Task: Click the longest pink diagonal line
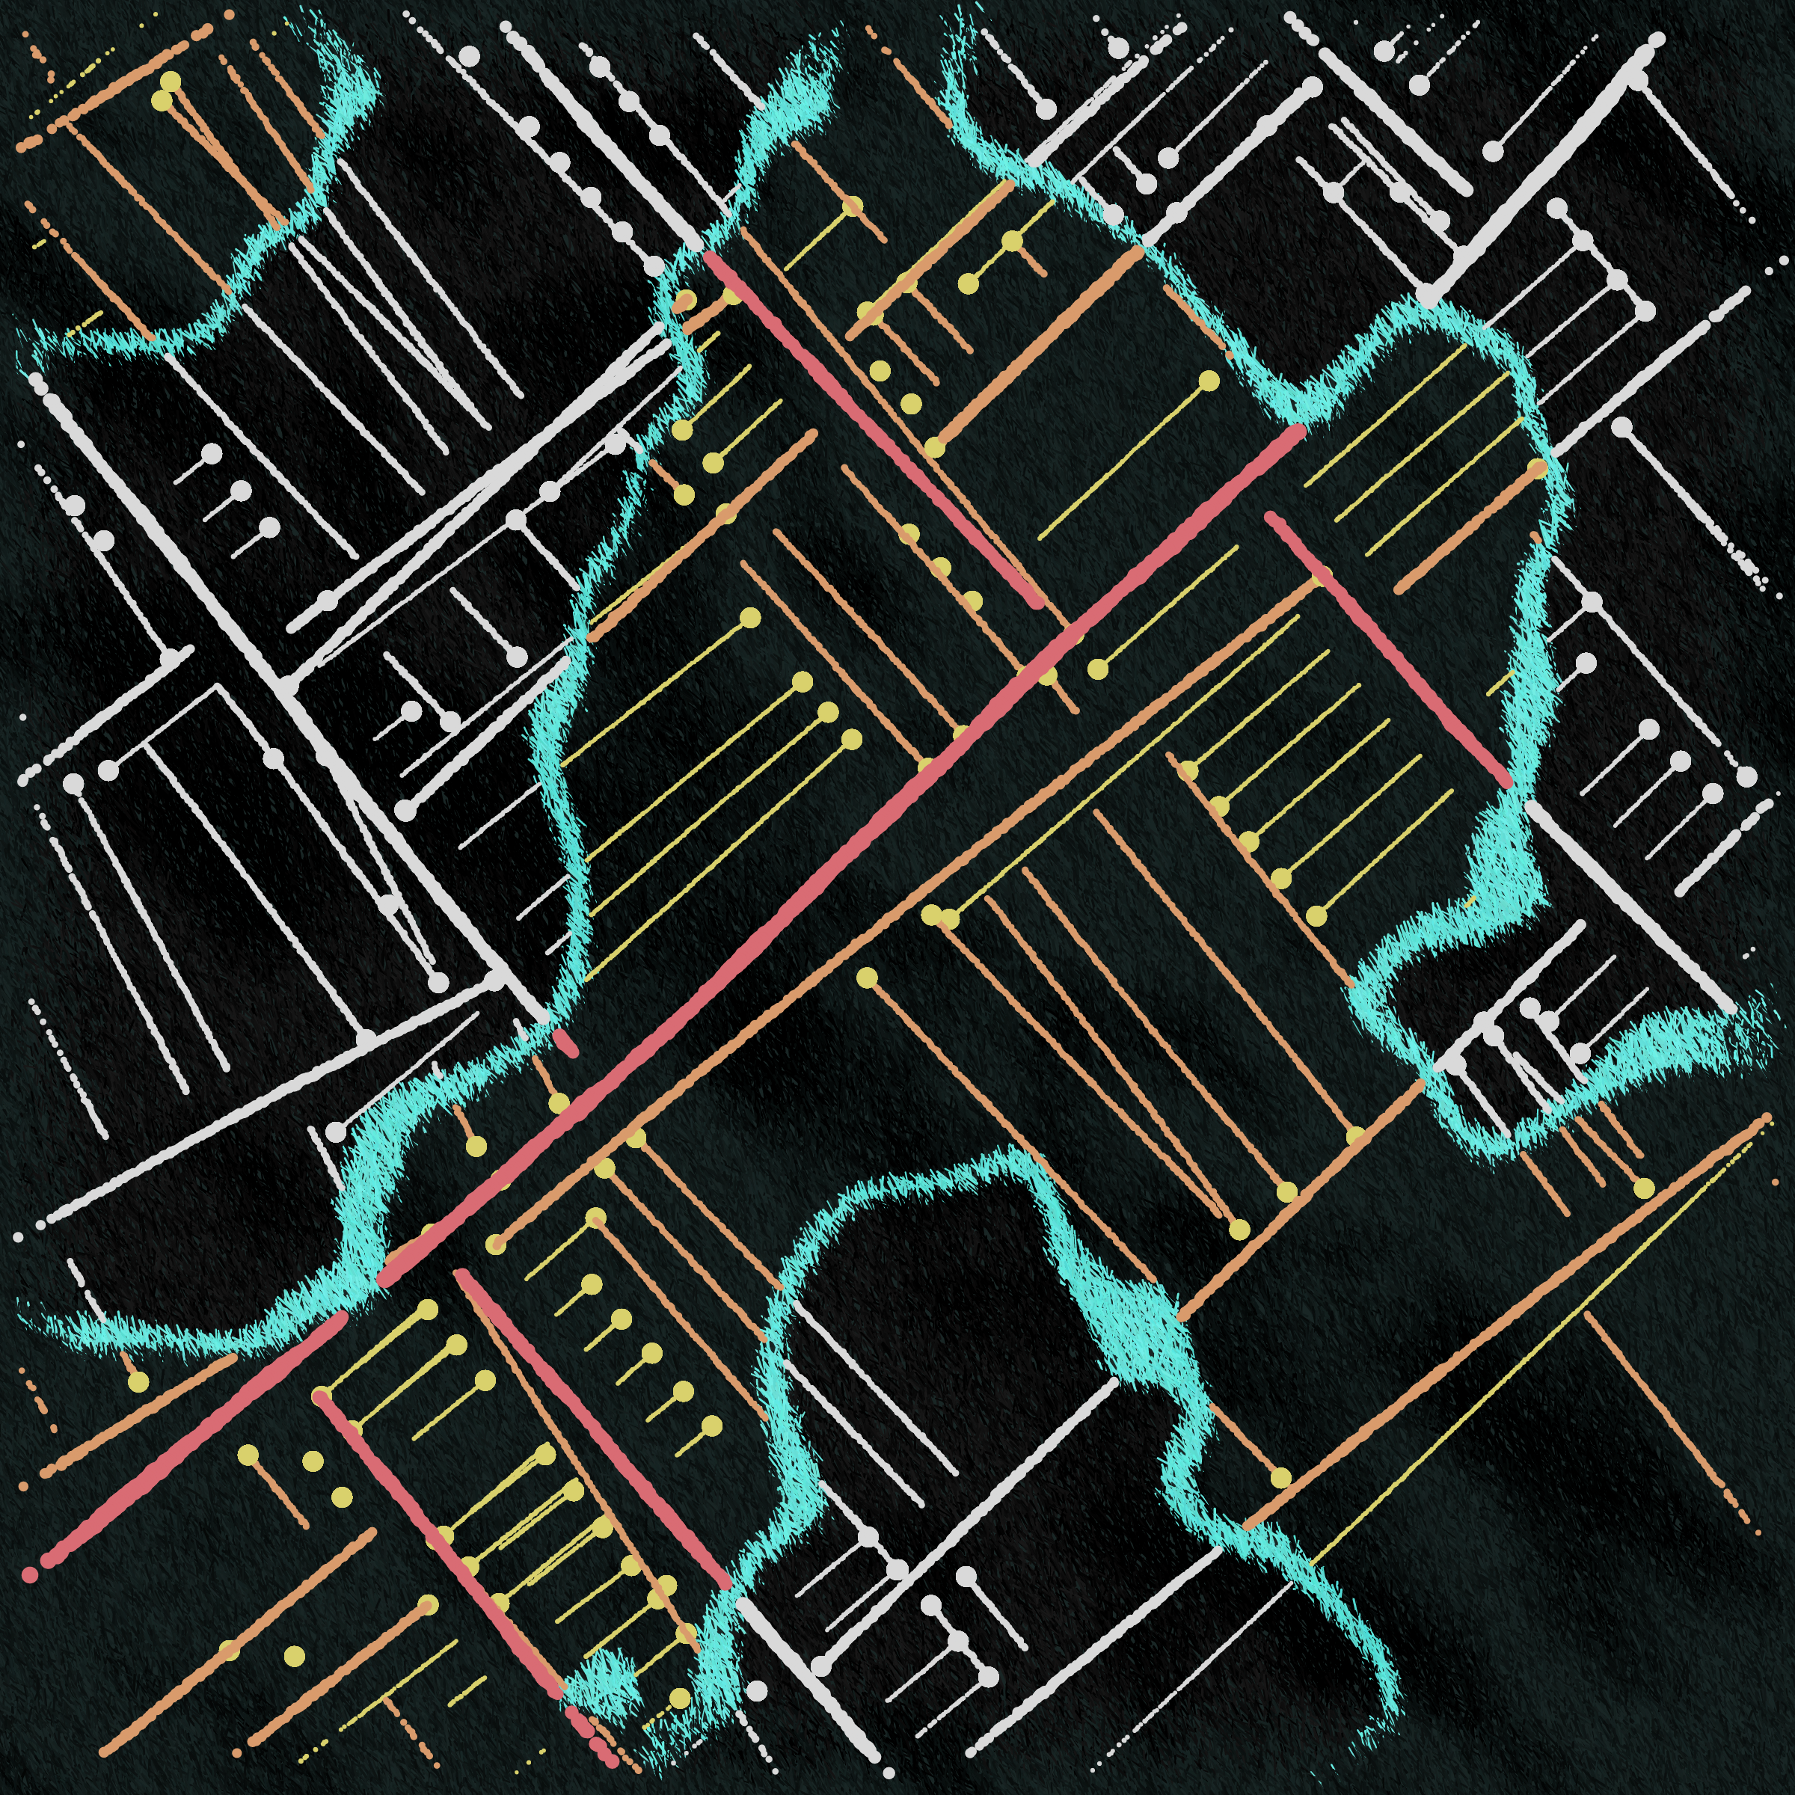pyautogui.click(x=836, y=855)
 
